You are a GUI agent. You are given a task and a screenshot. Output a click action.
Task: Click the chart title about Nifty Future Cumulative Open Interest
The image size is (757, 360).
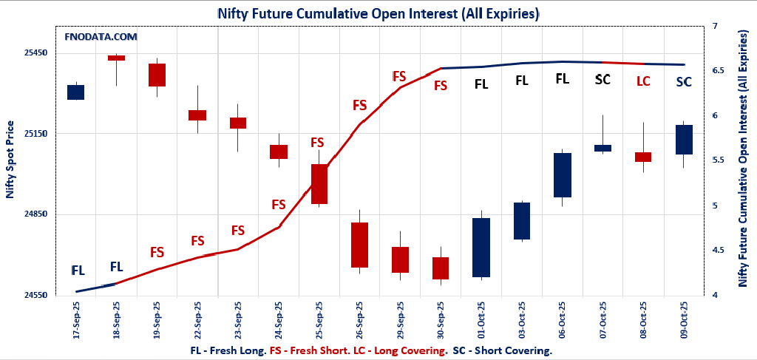click(x=378, y=13)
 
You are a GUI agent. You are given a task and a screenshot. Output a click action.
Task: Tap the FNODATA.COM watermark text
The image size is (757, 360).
click(x=101, y=36)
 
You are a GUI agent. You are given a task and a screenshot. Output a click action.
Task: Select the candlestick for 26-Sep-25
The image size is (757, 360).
click(x=359, y=245)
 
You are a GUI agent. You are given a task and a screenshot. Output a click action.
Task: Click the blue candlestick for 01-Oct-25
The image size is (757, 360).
click(x=481, y=247)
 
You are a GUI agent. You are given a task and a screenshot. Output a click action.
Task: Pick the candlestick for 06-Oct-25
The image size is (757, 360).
click(x=563, y=174)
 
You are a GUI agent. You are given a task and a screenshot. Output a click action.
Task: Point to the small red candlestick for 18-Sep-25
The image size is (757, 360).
click(x=116, y=58)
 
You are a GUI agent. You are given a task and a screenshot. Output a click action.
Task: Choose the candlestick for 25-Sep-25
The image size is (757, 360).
click(x=319, y=183)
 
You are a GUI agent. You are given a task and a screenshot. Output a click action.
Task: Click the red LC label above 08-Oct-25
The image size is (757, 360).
click(x=643, y=81)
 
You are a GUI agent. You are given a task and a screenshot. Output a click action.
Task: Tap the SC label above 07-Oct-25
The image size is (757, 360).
click(x=602, y=79)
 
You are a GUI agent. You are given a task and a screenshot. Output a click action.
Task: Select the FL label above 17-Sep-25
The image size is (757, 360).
click(x=78, y=271)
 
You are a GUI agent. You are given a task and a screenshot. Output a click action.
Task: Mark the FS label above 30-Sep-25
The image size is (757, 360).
click(x=441, y=85)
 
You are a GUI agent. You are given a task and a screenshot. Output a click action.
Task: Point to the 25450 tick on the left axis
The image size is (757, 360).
click(x=36, y=53)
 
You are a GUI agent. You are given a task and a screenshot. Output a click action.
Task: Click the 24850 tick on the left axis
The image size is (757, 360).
click(x=36, y=214)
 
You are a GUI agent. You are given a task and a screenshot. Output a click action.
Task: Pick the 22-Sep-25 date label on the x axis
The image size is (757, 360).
click(x=197, y=319)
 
